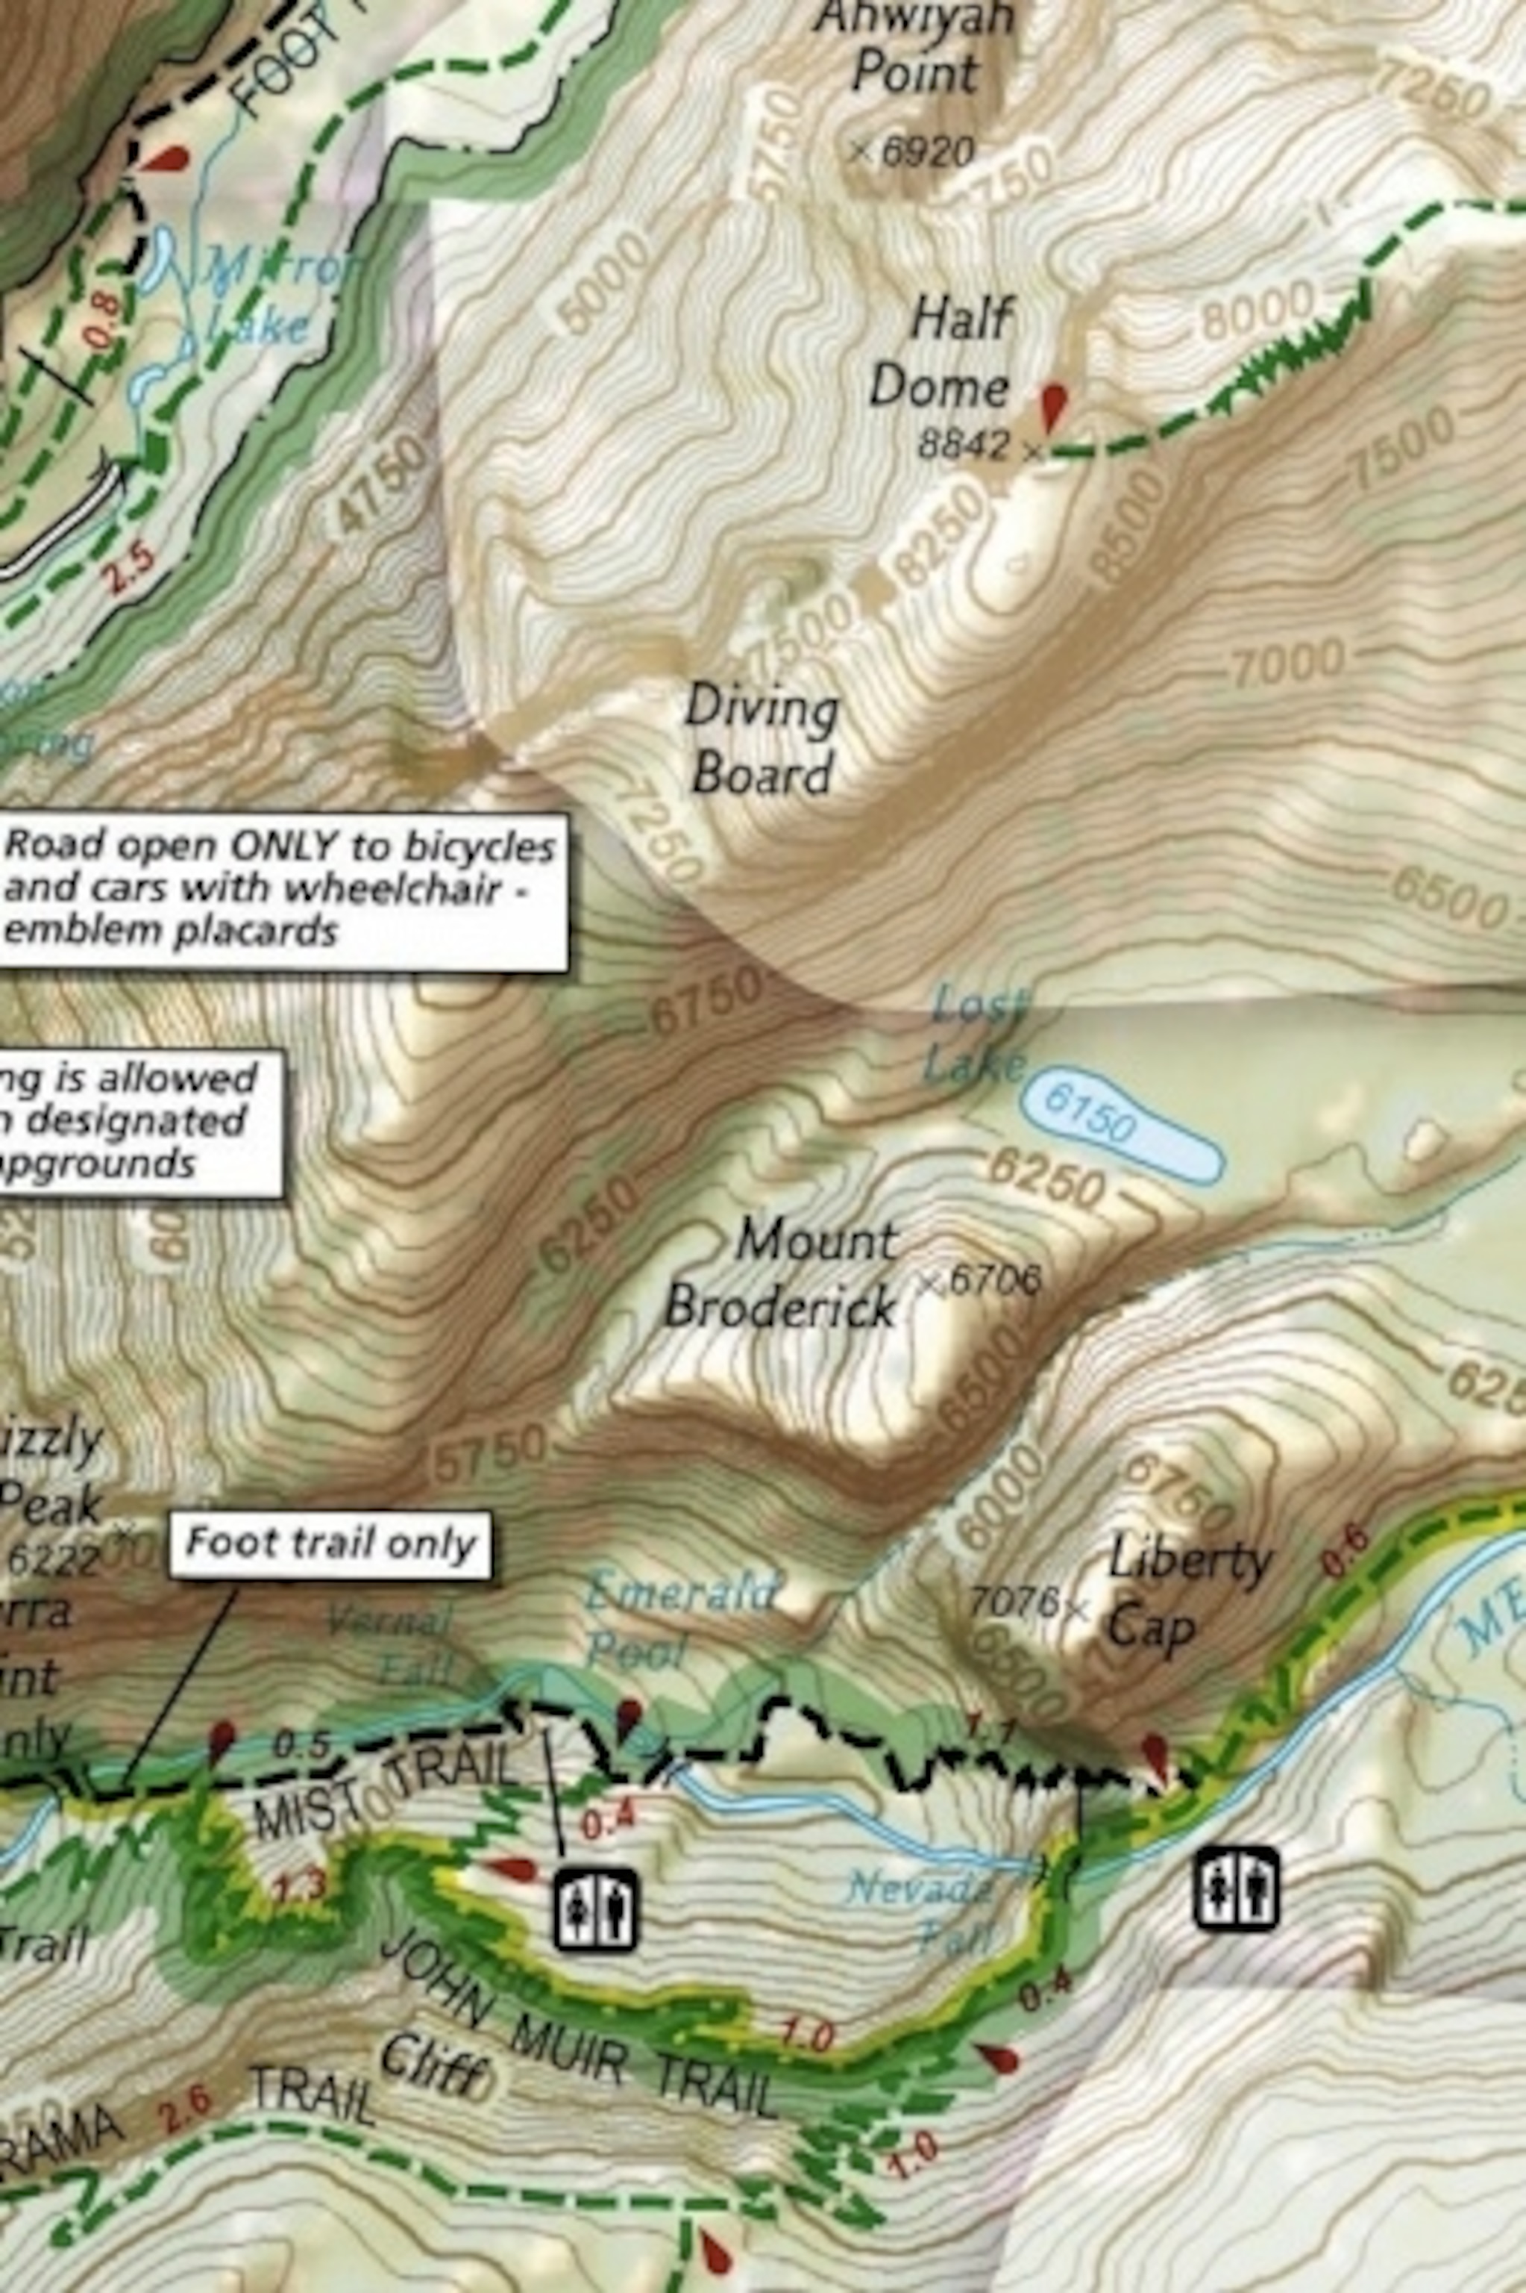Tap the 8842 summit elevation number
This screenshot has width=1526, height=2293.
coord(964,445)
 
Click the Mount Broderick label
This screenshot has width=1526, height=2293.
coord(779,1273)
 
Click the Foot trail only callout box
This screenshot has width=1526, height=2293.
coord(331,1544)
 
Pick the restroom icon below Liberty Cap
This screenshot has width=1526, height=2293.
coord(1236,1889)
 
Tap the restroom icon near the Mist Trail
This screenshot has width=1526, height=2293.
coord(596,1909)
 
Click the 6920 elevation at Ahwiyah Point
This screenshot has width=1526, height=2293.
coord(926,151)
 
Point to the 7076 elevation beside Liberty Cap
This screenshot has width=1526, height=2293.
coord(1012,1602)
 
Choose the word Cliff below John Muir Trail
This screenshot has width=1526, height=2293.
coord(433,2069)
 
